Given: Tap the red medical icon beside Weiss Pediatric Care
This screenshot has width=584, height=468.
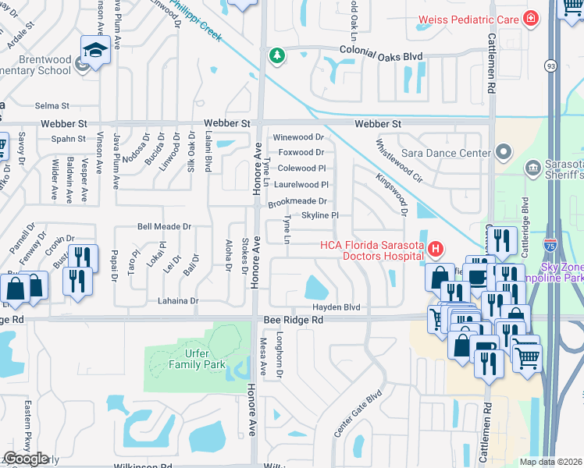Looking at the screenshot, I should (531, 18).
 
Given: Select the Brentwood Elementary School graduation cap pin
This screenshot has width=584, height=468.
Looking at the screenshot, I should (94, 51).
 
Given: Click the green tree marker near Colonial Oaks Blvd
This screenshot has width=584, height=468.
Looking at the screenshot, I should (276, 55).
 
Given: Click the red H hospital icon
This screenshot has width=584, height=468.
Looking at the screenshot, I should (436, 250).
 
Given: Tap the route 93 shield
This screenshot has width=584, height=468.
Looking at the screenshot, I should (551, 66).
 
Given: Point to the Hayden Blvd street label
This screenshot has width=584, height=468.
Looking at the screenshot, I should (337, 307).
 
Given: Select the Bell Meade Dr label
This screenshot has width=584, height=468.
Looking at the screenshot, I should (164, 226).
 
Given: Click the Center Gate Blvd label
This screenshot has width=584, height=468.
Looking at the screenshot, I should (358, 413).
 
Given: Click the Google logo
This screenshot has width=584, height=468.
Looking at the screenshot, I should (27, 458).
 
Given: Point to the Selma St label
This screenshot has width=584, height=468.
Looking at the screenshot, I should (52, 105).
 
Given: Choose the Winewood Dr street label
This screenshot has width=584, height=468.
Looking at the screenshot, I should (297, 137).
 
